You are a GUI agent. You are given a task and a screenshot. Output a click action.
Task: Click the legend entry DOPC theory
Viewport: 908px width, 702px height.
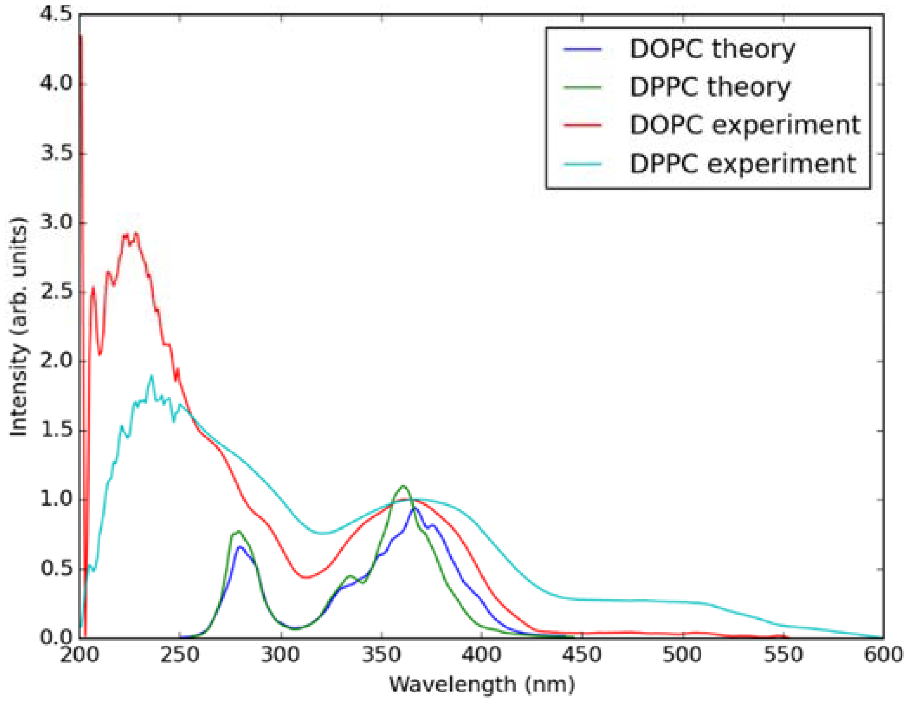coord(712,49)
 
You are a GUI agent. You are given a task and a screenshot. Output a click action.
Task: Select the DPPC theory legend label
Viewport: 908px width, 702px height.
coord(710,87)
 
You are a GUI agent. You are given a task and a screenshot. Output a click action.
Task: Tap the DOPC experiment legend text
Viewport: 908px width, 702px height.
coord(745,126)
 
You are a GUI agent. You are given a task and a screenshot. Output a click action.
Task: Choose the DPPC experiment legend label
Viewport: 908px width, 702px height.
coord(742,164)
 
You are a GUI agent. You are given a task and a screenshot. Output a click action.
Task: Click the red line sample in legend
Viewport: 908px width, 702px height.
coord(582,126)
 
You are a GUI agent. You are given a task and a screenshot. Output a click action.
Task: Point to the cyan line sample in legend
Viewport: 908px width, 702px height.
coord(582,164)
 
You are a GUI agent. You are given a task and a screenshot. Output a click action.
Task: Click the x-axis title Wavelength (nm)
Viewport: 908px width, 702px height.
coord(482,685)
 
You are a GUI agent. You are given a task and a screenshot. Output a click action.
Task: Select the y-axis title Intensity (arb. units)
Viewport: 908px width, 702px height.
coord(19,327)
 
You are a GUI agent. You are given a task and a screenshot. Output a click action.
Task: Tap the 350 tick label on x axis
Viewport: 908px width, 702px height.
coord(381,655)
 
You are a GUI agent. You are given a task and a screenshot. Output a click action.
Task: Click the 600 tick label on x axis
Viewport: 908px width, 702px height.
coord(883,655)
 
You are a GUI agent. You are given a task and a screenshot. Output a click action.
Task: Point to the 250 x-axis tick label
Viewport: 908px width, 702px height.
coord(180,655)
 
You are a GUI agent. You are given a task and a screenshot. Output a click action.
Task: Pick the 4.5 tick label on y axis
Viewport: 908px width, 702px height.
coord(56,15)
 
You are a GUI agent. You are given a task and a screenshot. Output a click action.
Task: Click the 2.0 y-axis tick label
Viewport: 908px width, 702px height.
coord(56,361)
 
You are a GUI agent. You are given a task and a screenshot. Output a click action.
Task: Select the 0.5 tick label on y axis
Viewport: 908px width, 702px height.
coord(56,569)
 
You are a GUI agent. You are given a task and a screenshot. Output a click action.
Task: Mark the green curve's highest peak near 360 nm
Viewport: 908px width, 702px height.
coord(403,486)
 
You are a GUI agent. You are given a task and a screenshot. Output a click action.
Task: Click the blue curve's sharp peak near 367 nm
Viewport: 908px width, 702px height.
coord(415,508)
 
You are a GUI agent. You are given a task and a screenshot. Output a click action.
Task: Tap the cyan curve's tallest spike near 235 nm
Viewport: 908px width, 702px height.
coord(152,376)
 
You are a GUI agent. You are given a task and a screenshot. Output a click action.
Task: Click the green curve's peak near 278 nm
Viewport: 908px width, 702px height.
coord(238,531)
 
